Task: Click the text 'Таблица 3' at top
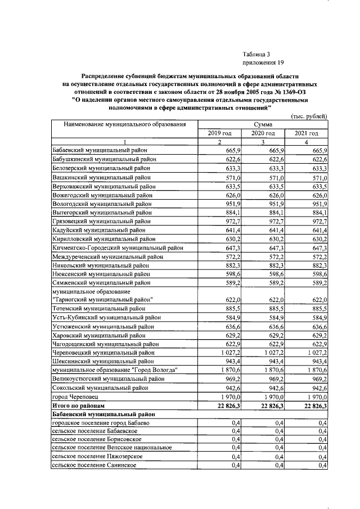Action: pyautogui.click(x=257, y=53)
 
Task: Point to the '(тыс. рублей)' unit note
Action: pyautogui.click(x=308, y=116)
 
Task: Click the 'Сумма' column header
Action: pyautogui.click(x=263, y=124)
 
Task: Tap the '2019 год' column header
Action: pyautogui.click(x=220, y=133)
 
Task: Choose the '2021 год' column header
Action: pyautogui.click(x=306, y=133)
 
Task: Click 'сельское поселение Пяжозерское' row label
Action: pyautogui.click(x=96, y=457)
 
